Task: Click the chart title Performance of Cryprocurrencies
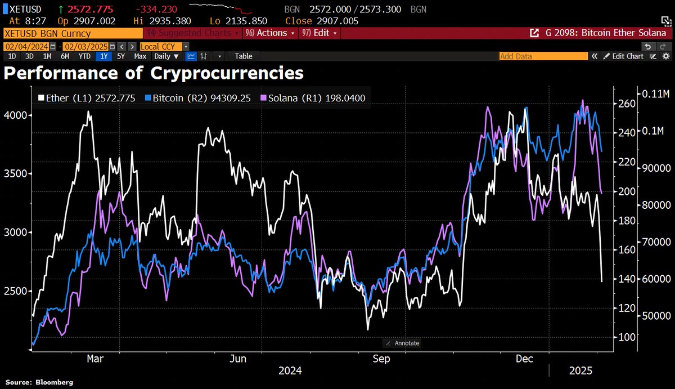point(154,73)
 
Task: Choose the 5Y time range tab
point(121,56)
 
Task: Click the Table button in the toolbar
point(244,56)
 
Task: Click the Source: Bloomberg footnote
point(39,383)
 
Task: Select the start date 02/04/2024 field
point(27,46)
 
